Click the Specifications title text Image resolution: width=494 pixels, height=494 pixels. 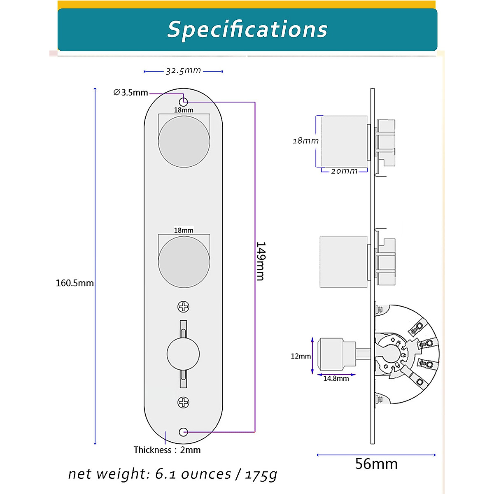(247, 30)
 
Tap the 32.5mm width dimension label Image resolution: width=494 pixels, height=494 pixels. (183, 71)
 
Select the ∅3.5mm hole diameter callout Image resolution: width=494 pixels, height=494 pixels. (130, 93)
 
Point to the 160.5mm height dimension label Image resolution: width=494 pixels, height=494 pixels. (75, 283)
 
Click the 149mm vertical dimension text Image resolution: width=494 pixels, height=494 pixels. (261, 261)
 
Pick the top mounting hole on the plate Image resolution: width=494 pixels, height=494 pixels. (184, 102)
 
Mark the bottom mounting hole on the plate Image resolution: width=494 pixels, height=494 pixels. (184, 432)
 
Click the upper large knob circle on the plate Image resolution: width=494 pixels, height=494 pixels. (184, 141)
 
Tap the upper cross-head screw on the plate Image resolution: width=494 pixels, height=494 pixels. (183, 307)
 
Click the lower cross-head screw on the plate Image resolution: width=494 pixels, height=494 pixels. (183, 403)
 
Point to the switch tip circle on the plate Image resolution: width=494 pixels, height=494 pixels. (183, 354)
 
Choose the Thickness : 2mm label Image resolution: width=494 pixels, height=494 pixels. (167, 450)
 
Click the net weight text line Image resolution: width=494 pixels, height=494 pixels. (172, 474)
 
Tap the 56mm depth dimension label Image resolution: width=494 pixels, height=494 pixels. (376, 464)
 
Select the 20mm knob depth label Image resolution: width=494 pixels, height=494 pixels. (344, 171)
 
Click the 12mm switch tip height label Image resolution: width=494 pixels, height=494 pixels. (301, 357)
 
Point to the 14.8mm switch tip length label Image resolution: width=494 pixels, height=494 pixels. (336, 379)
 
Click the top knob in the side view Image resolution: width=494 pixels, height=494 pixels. (344, 141)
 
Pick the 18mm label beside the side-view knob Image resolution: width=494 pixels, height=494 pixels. (305, 141)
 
